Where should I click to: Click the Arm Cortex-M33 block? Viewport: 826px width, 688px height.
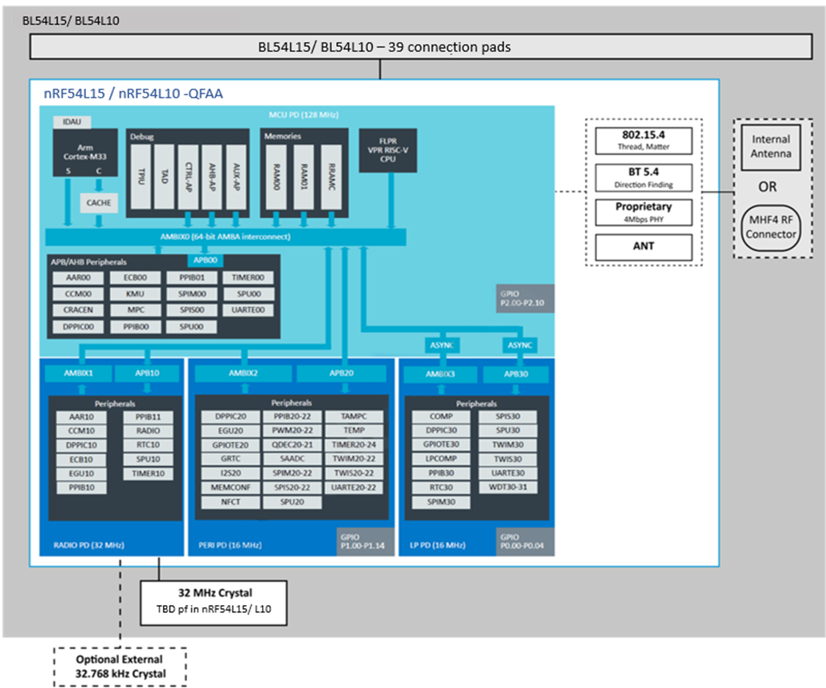coord(85,152)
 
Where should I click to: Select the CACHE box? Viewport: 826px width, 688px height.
coord(98,203)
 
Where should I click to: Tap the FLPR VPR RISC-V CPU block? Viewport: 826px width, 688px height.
coord(388,150)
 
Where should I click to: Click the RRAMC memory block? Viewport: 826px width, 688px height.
coord(331,177)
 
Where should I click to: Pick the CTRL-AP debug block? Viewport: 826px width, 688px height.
coord(188,177)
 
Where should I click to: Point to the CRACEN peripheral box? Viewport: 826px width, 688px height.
coord(78,311)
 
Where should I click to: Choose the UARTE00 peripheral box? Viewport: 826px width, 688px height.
coord(248,311)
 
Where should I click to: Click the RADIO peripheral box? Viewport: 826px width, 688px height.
coord(148,431)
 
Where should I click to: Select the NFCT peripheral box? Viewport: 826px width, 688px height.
coord(231,502)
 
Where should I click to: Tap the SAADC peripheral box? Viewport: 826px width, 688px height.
coord(291,459)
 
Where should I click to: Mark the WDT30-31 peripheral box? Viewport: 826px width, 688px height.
coord(508,487)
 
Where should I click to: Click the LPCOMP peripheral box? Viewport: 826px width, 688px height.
coord(441,459)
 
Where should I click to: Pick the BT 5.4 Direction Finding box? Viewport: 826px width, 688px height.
coord(644,178)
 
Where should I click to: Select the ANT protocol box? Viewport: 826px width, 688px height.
coord(644,247)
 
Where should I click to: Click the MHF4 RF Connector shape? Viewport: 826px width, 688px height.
coord(771,227)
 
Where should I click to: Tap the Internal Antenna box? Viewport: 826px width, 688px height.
coord(771,147)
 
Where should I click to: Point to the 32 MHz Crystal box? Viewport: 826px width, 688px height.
coord(214,603)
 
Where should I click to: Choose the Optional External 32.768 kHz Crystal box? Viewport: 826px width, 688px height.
coord(120,667)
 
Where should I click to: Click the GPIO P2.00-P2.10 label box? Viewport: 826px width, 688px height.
coord(525,299)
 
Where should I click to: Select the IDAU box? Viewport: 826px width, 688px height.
coord(72,122)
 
